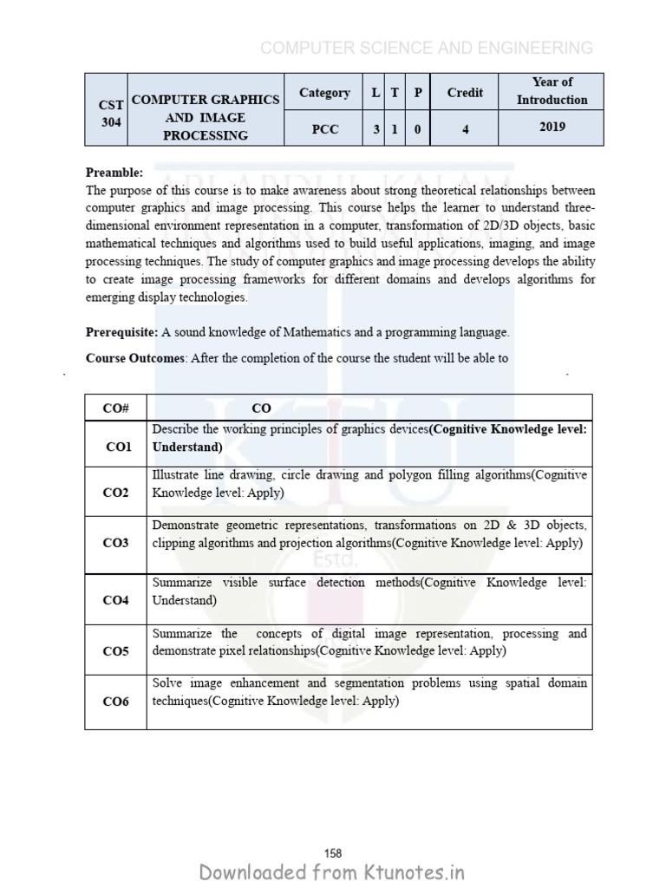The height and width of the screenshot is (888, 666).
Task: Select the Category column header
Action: click(324, 93)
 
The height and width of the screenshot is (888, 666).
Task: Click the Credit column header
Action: click(466, 93)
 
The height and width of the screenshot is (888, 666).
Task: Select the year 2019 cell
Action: click(552, 127)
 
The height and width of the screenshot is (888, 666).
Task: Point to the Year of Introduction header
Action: click(552, 91)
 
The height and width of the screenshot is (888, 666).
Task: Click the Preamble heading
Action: click(114, 172)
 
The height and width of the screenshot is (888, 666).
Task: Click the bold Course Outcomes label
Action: click(135, 357)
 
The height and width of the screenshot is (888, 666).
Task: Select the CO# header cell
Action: click(115, 408)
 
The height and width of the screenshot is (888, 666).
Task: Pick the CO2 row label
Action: click(115, 493)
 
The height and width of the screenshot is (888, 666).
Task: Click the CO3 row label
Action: click(115, 544)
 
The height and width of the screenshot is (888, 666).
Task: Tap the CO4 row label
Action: click(115, 600)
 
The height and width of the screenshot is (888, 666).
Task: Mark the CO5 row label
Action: click(115, 651)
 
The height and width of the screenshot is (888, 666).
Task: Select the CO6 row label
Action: click(115, 702)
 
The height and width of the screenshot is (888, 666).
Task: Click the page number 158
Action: click(333, 830)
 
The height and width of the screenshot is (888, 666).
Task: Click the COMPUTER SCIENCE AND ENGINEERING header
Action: click(427, 49)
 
